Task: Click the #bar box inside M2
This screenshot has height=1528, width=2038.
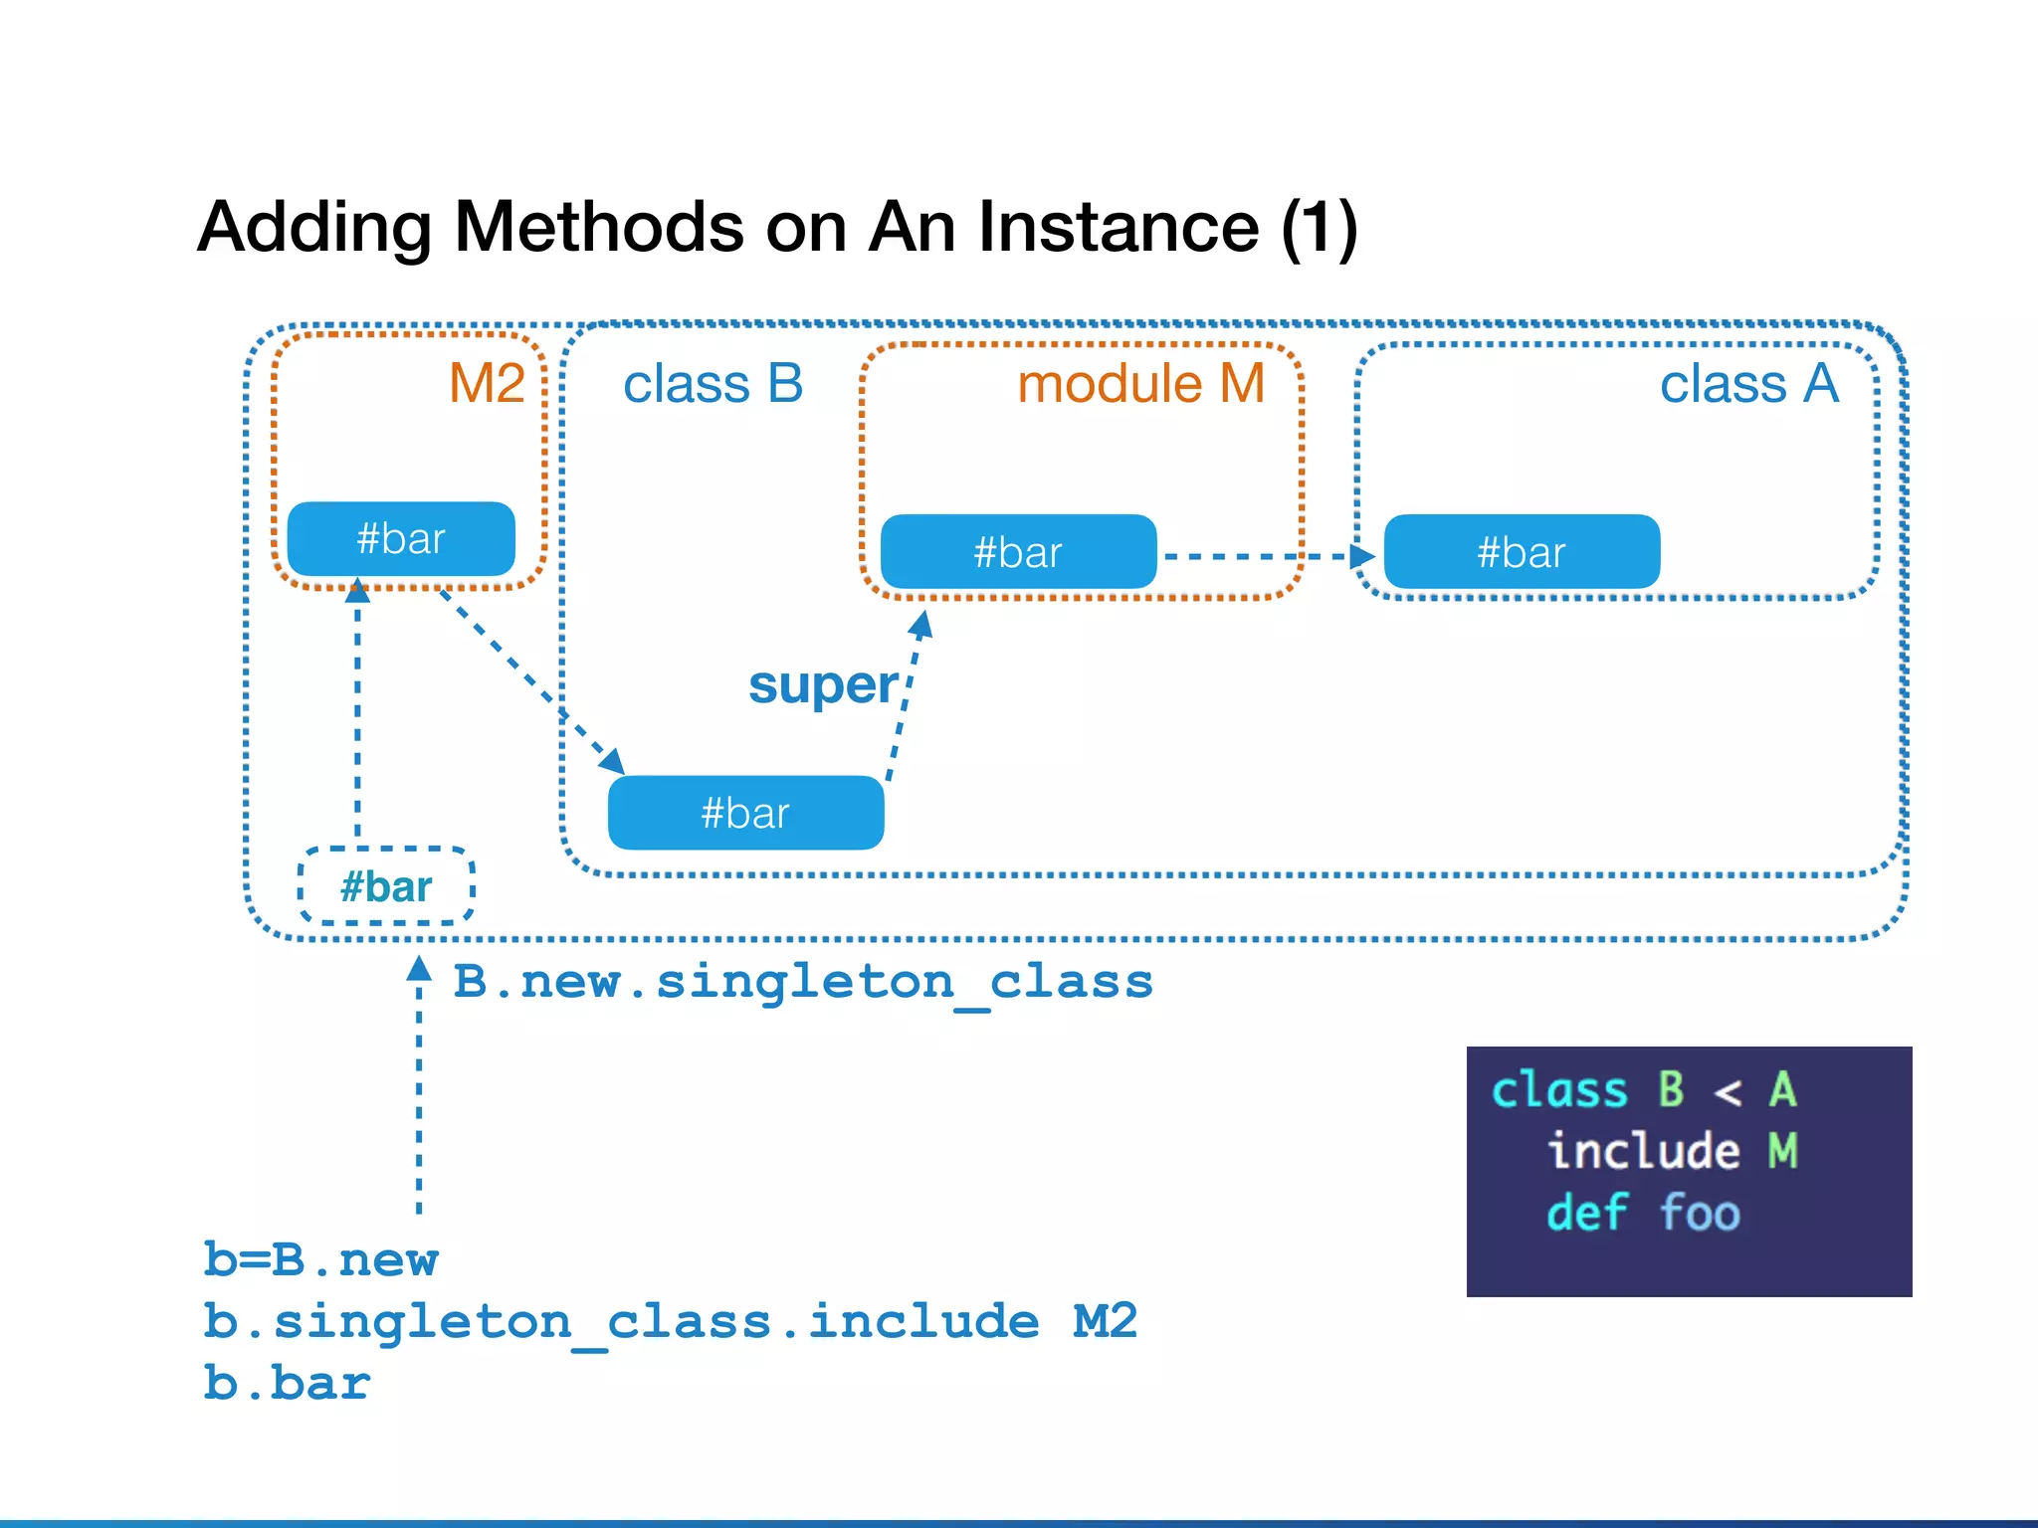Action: click(401, 539)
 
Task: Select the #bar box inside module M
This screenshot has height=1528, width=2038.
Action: click(1018, 552)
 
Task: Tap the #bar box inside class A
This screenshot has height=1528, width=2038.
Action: click(1522, 552)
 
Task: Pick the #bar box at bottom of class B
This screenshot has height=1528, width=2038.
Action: click(745, 813)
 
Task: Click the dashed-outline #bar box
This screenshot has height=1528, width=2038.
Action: click(386, 886)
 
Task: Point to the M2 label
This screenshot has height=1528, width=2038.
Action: click(486, 383)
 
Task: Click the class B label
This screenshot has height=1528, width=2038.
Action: click(713, 384)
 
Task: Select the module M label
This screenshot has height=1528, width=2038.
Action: click(1140, 384)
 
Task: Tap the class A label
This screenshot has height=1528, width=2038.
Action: click(1748, 384)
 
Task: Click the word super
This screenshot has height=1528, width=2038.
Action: click(823, 685)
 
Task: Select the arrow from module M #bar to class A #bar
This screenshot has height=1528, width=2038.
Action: click(1264, 556)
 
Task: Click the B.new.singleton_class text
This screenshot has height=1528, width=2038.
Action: click(803, 982)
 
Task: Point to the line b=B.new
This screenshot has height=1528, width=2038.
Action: click(320, 1259)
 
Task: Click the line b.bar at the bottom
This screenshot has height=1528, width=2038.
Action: click(287, 1384)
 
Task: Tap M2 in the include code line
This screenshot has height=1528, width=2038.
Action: click(1105, 1321)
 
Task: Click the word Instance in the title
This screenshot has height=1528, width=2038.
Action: click(1118, 227)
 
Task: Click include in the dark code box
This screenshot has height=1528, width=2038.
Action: click(1644, 1151)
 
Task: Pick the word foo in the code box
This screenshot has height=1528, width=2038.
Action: click(1700, 1213)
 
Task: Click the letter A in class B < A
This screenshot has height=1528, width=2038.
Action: click(1782, 1089)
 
